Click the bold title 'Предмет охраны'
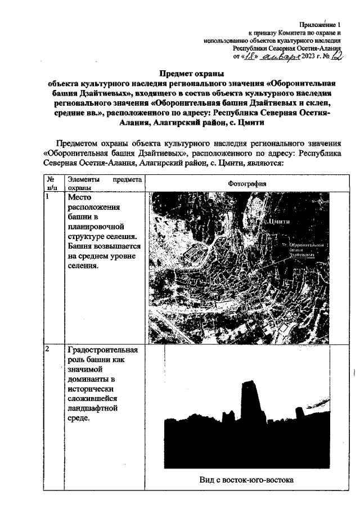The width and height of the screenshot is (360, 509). click(x=191, y=74)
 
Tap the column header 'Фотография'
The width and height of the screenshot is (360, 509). click(x=247, y=184)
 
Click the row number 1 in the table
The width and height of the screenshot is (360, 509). click(x=48, y=197)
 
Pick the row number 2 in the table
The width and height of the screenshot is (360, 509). click(x=48, y=349)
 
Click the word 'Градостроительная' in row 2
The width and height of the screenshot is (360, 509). click(x=102, y=349)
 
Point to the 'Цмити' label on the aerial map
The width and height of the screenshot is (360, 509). click(x=280, y=221)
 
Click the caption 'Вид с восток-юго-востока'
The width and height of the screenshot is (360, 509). click(x=246, y=480)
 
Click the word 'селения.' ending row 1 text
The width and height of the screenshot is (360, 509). click(x=83, y=265)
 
